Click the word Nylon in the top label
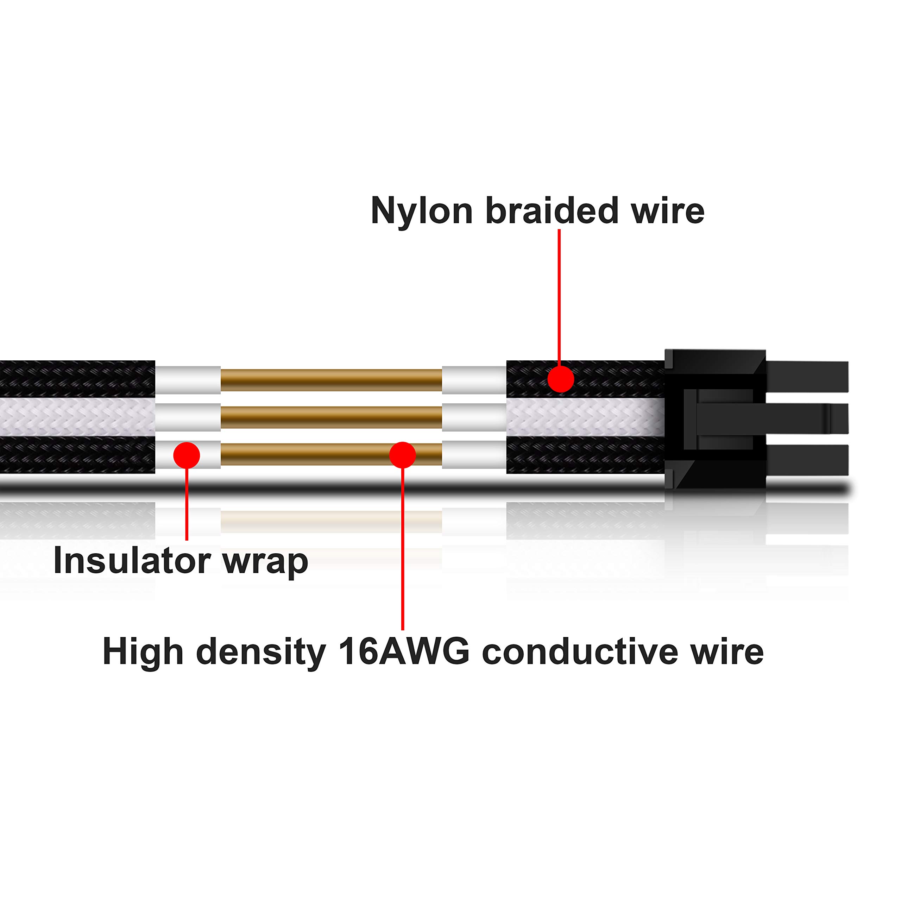[x=422, y=211]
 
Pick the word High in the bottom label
[x=143, y=652]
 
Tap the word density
[x=261, y=652]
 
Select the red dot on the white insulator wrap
[x=187, y=455]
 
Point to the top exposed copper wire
[x=331, y=380]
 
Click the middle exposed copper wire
[x=331, y=417]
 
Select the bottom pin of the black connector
[x=807, y=460]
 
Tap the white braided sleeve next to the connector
[x=585, y=417]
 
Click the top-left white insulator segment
[x=188, y=380]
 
